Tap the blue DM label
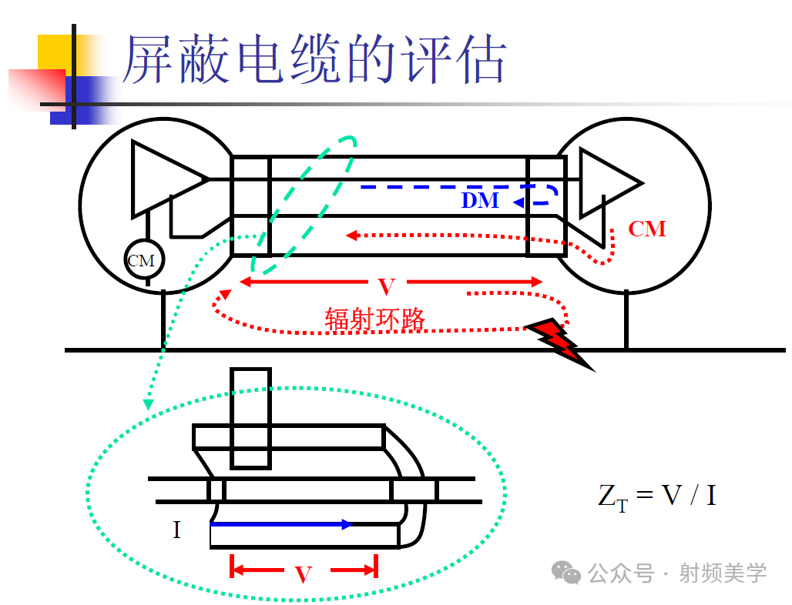(x=480, y=201)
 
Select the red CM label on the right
(x=646, y=229)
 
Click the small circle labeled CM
(x=141, y=261)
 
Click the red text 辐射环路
(x=375, y=319)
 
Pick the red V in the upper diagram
(x=387, y=287)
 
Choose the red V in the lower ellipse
(x=304, y=574)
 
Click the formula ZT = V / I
(x=656, y=495)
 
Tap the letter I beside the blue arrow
(x=176, y=530)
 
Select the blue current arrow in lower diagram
(x=281, y=524)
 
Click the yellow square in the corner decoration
(x=55, y=52)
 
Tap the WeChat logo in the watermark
(x=569, y=573)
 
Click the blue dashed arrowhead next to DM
(x=518, y=202)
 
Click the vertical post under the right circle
(x=626, y=319)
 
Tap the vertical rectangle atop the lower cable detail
(x=250, y=417)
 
